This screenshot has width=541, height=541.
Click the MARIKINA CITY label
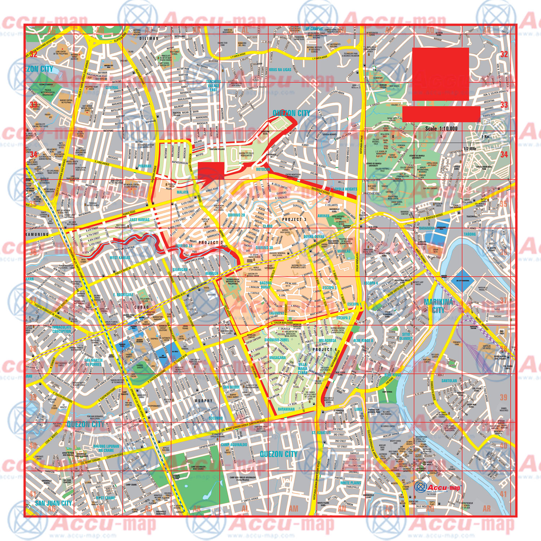click(438, 306)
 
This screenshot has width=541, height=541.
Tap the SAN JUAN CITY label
click(53, 503)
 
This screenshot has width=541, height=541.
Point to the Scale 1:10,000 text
click(441, 128)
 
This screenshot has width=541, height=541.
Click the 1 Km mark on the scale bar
click(485, 137)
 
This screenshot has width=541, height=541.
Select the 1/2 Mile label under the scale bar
click(470, 148)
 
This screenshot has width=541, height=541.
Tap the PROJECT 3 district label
click(294, 219)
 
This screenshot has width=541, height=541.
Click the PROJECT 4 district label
click(325, 349)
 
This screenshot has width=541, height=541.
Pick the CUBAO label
click(141, 307)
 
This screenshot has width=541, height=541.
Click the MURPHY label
click(203, 401)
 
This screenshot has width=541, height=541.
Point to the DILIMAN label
click(149, 38)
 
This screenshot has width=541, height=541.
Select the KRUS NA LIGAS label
click(280, 70)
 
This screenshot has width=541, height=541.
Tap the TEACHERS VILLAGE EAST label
click(213, 85)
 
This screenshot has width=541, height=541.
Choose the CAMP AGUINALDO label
click(234, 445)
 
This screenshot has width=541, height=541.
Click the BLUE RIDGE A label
click(363, 340)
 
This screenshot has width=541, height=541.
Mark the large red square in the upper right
click(440, 74)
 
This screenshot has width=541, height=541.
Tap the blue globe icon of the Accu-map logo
click(420, 487)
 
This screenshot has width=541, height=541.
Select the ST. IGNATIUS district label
click(321, 432)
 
